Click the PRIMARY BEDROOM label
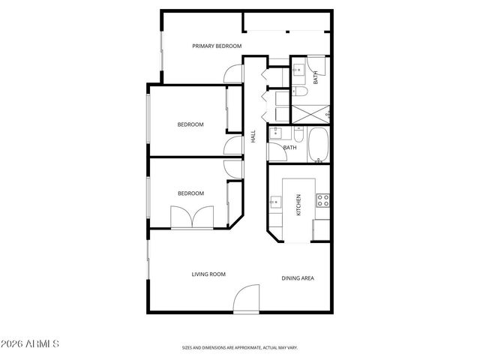[216, 46]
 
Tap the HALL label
[253, 137]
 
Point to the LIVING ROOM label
[208, 274]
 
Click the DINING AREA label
[298, 278]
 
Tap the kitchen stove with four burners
[323, 200]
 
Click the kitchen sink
[275, 201]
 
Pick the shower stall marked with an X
[308, 113]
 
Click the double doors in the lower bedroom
[193, 217]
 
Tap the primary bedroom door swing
[233, 73]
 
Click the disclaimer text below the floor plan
[240, 348]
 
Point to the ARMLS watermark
[31, 344]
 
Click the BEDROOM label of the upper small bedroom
[190, 124]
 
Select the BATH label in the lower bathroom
[289, 147]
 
